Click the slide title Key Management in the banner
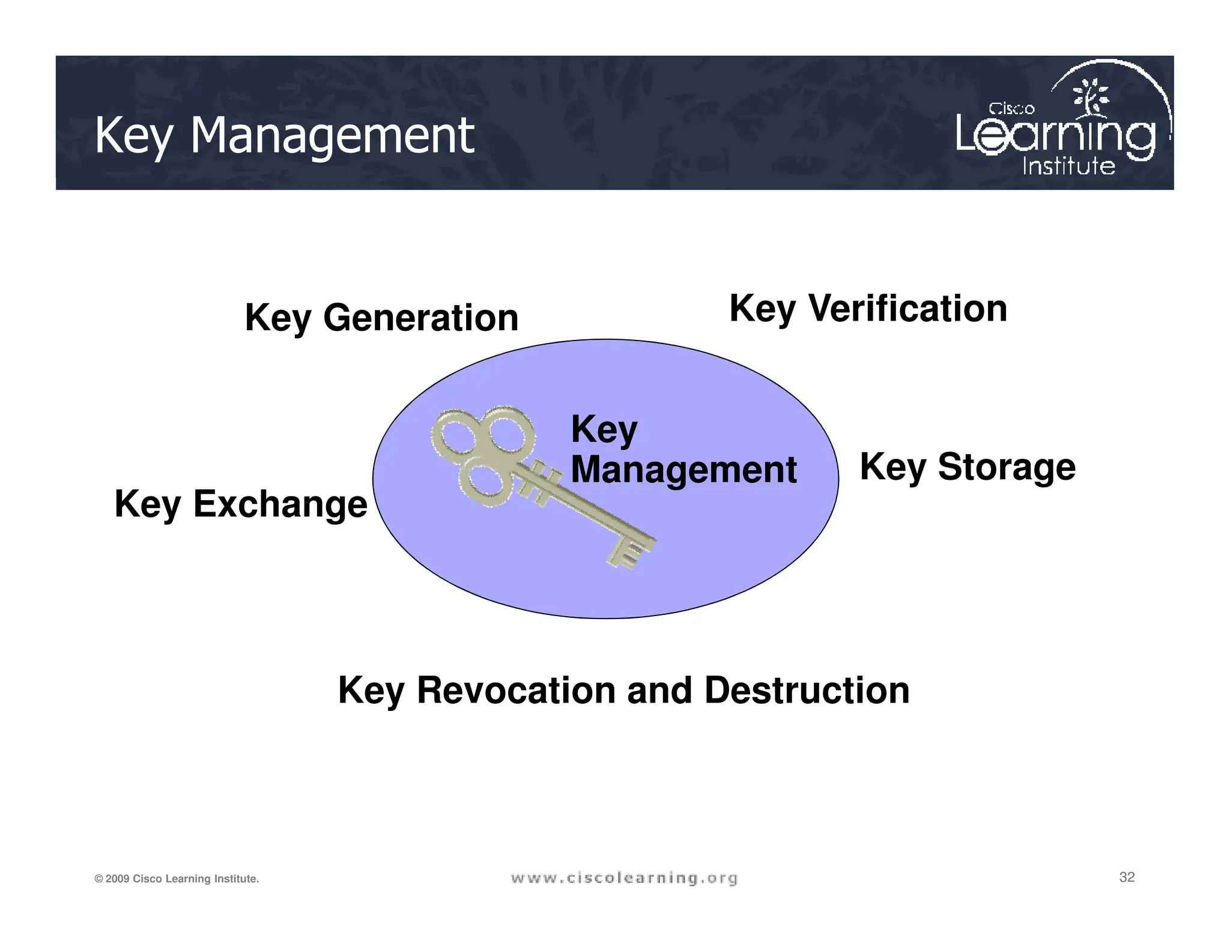(284, 136)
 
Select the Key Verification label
(868, 309)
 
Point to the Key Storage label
(968, 467)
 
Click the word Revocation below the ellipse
(516, 690)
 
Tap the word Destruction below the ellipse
(807, 690)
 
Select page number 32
(1127, 877)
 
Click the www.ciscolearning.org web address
(624, 879)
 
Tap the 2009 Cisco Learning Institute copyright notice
(177, 879)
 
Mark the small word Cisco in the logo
(1011, 109)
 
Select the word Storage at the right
(1007, 467)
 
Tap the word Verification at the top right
(907, 309)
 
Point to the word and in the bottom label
(659, 690)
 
